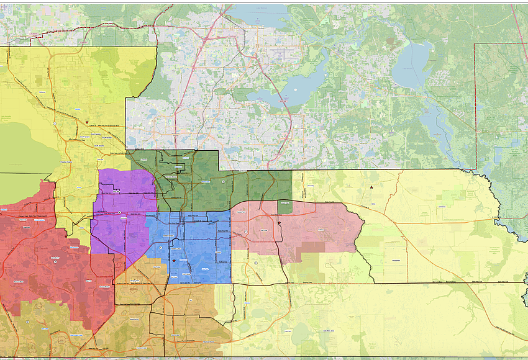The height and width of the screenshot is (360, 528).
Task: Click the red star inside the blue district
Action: click(x=173, y=261)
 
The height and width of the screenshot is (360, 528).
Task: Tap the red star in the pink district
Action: click(x=280, y=223)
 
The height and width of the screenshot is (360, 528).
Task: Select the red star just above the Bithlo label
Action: click(x=371, y=187)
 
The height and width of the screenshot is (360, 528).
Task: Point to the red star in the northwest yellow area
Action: click(x=87, y=122)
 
